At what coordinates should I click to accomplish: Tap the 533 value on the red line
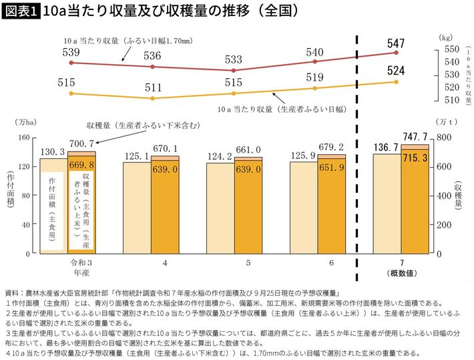pyautogui.click(x=234, y=59)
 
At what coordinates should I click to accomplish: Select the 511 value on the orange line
pyautogui.click(x=153, y=87)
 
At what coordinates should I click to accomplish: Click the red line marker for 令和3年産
pyautogui.click(x=71, y=63)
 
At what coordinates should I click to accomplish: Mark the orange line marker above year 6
pyautogui.click(x=314, y=88)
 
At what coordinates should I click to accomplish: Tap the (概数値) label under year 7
pyautogui.click(x=401, y=273)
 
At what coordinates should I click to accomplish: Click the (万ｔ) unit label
pyautogui.click(x=445, y=123)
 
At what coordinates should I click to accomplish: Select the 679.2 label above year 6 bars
pyautogui.click(x=330, y=147)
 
